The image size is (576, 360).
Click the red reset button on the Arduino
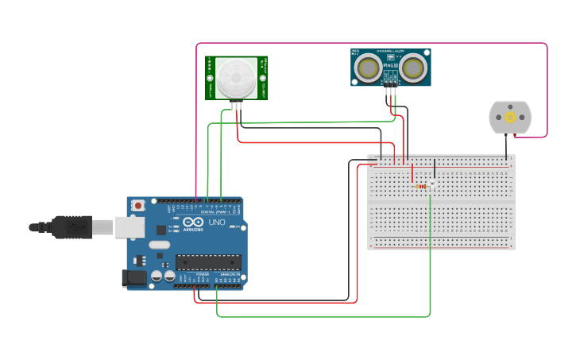(138, 205)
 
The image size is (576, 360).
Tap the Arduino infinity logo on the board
(194, 223)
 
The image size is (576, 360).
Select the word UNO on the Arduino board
(217, 223)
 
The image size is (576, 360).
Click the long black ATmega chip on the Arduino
(208, 261)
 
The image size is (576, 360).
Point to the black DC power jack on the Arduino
(133, 278)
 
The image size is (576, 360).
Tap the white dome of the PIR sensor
(237, 78)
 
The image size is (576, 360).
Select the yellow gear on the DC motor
(509, 118)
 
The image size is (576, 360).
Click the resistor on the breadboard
(420, 186)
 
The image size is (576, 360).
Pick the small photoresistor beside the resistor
(432, 184)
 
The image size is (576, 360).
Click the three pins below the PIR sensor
(237, 105)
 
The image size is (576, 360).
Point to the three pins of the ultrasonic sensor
(391, 91)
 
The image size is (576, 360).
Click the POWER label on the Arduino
(201, 273)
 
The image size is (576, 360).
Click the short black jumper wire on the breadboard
(435, 168)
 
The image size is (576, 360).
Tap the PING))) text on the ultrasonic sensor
(392, 65)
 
